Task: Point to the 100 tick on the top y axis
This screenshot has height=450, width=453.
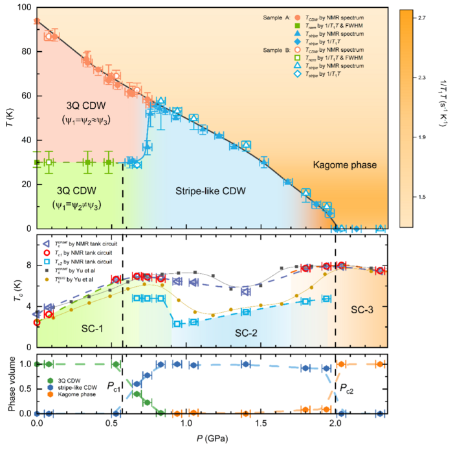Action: click(25, 7)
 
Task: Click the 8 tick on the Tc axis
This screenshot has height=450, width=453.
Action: click(28, 265)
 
